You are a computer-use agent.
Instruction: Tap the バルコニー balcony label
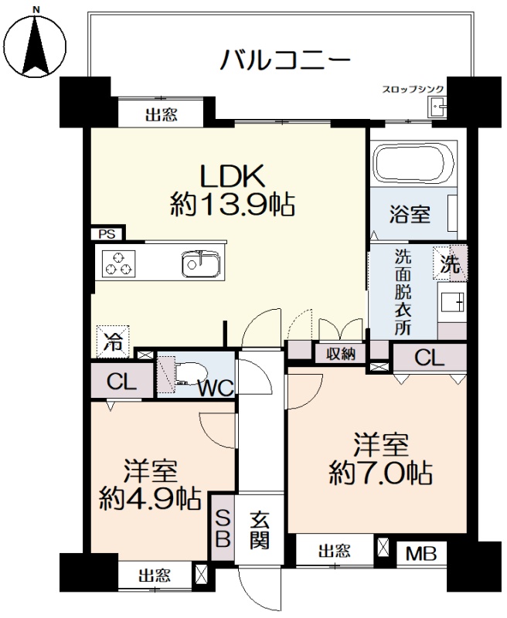(x=284, y=60)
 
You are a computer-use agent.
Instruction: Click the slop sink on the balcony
(x=437, y=107)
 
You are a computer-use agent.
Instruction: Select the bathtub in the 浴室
(x=413, y=165)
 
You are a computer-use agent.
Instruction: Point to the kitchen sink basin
(x=201, y=263)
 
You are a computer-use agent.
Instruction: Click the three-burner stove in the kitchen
(x=118, y=263)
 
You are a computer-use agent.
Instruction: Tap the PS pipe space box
(x=107, y=234)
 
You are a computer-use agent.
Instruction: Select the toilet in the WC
(x=189, y=373)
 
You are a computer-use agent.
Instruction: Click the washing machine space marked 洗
(x=451, y=263)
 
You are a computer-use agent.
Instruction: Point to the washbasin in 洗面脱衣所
(x=452, y=303)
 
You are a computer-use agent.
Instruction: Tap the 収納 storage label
(x=341, y=355)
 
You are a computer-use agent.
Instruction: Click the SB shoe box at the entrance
(x=223, y=527)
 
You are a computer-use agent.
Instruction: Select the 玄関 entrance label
(x=260, y=529)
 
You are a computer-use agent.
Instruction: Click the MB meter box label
(x=421, y=554)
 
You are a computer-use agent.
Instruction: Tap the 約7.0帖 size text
(x=380, y=472)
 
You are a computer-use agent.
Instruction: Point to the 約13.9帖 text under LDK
(x=233, y=204)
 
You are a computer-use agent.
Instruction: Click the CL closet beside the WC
(x=122, y=381)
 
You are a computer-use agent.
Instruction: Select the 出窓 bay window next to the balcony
(x=162, y=114)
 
